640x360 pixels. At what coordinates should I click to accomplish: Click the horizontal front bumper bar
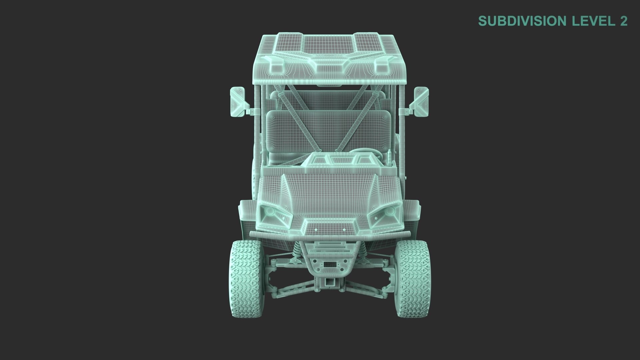pyautogui.click(x=330, y=235)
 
